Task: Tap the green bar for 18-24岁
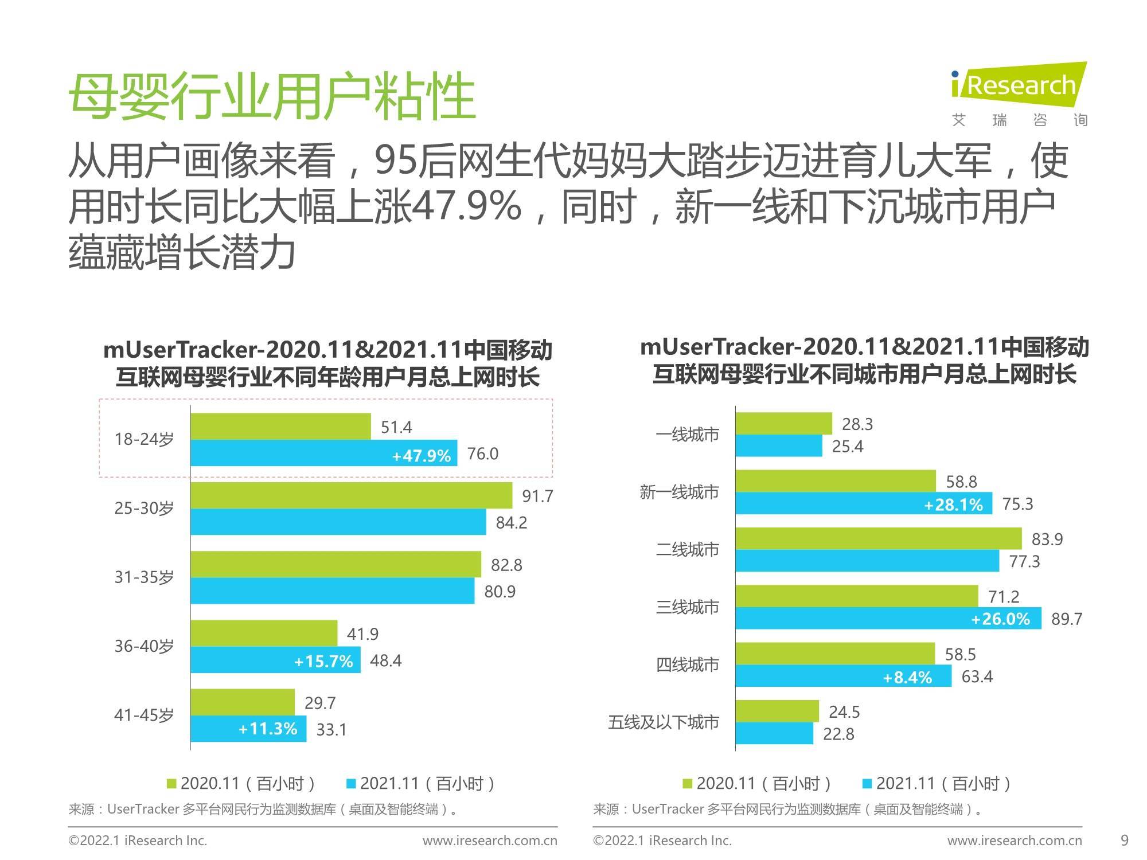280,426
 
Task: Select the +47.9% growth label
422,456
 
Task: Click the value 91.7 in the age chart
537,496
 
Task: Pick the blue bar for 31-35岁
332,591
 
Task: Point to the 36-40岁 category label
144,646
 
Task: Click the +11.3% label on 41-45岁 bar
268,729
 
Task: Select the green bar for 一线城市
783,423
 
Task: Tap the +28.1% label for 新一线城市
953,505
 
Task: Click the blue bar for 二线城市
867,561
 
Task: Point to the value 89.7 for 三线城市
1066,619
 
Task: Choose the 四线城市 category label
687,665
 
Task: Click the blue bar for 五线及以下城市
774,733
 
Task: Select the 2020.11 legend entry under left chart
241,783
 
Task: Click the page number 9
1124,841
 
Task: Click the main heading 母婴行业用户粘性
272,96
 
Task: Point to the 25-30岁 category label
144,509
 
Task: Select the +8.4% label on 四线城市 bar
907,678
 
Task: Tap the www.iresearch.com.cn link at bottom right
1015,841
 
